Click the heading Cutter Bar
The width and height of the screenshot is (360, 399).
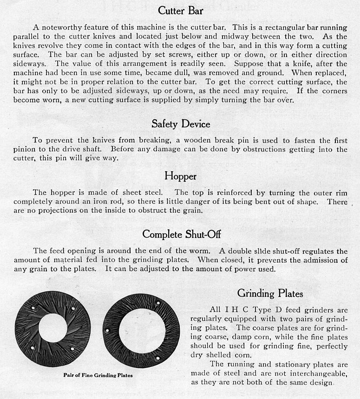[180, 10]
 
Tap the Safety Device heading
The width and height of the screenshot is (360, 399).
[181, 124]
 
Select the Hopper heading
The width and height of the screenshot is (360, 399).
[180, 176]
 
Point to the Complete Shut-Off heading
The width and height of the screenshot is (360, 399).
[181, 234]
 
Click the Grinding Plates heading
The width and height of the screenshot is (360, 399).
[270, 293]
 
